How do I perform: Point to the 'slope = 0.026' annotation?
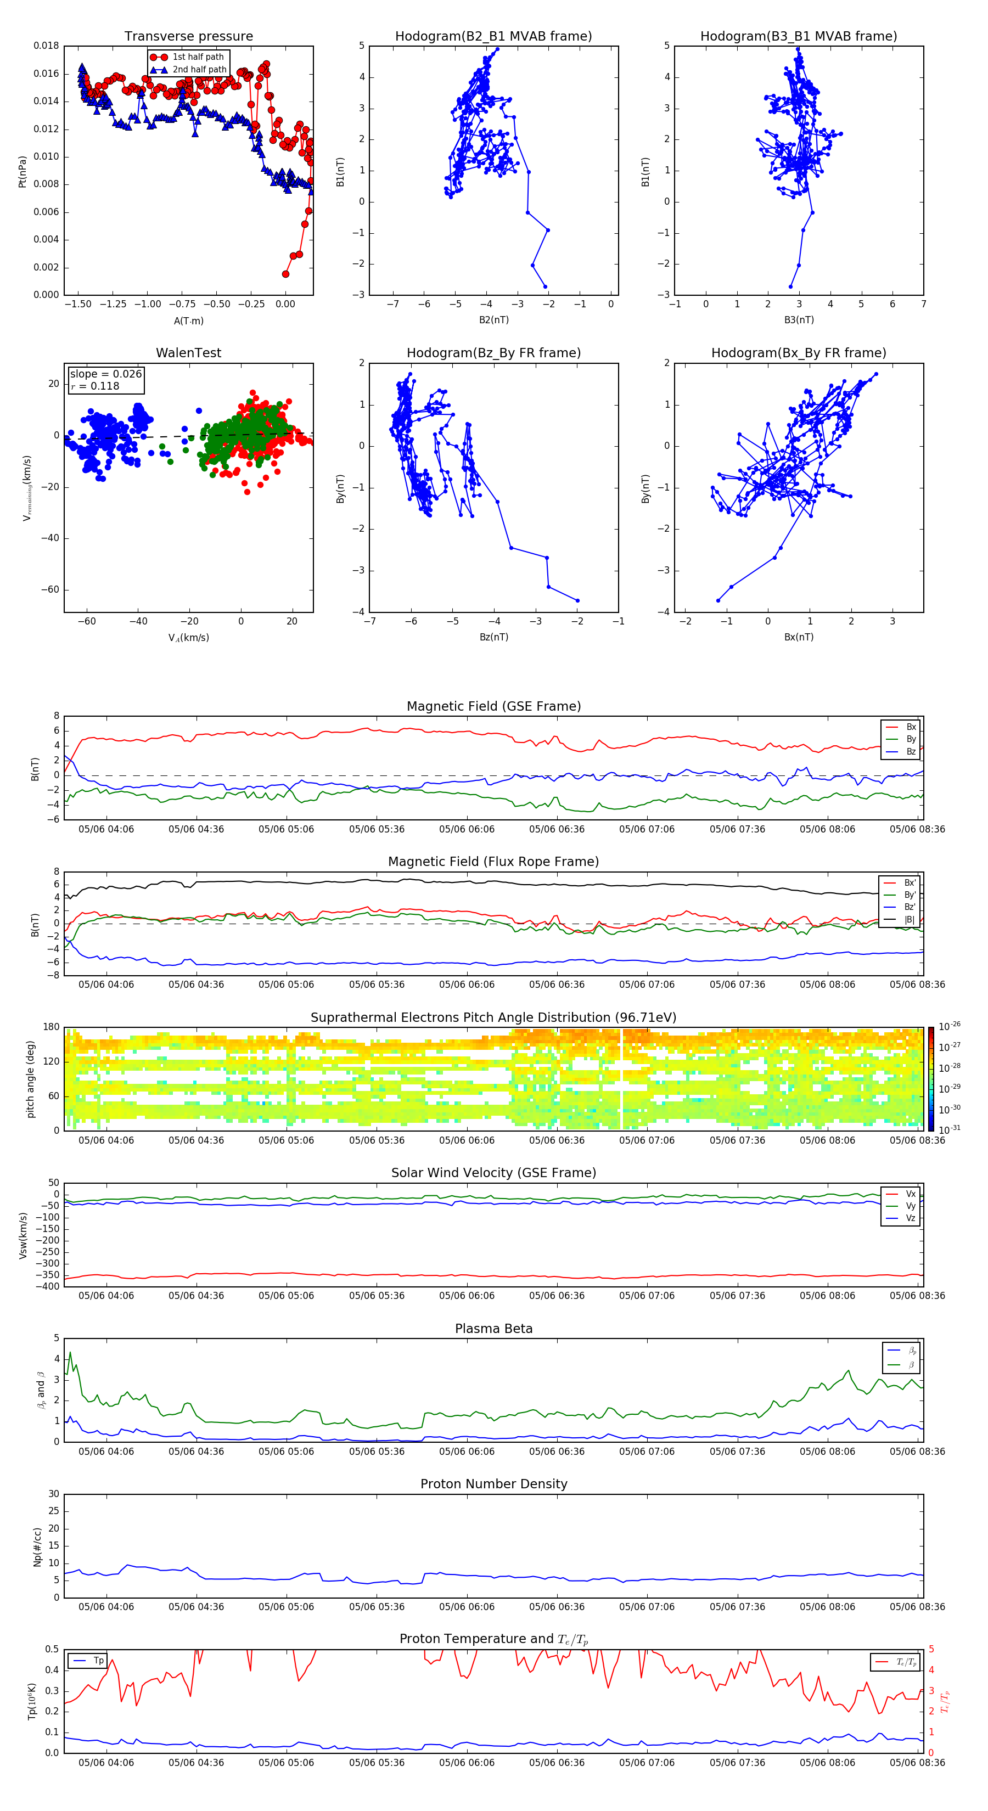pos(105,374)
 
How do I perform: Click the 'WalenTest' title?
pos(188,353)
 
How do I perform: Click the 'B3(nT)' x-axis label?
pos(799,320)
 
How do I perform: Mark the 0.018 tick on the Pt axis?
pos(47,47)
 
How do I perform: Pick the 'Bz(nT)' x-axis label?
pos(493,637)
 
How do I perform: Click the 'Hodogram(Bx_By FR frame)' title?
pos(798,353)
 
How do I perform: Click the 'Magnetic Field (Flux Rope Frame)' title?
pos(493,862)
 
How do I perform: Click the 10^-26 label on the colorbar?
pos(950,1026)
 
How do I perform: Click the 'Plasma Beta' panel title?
pos(493,1329)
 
